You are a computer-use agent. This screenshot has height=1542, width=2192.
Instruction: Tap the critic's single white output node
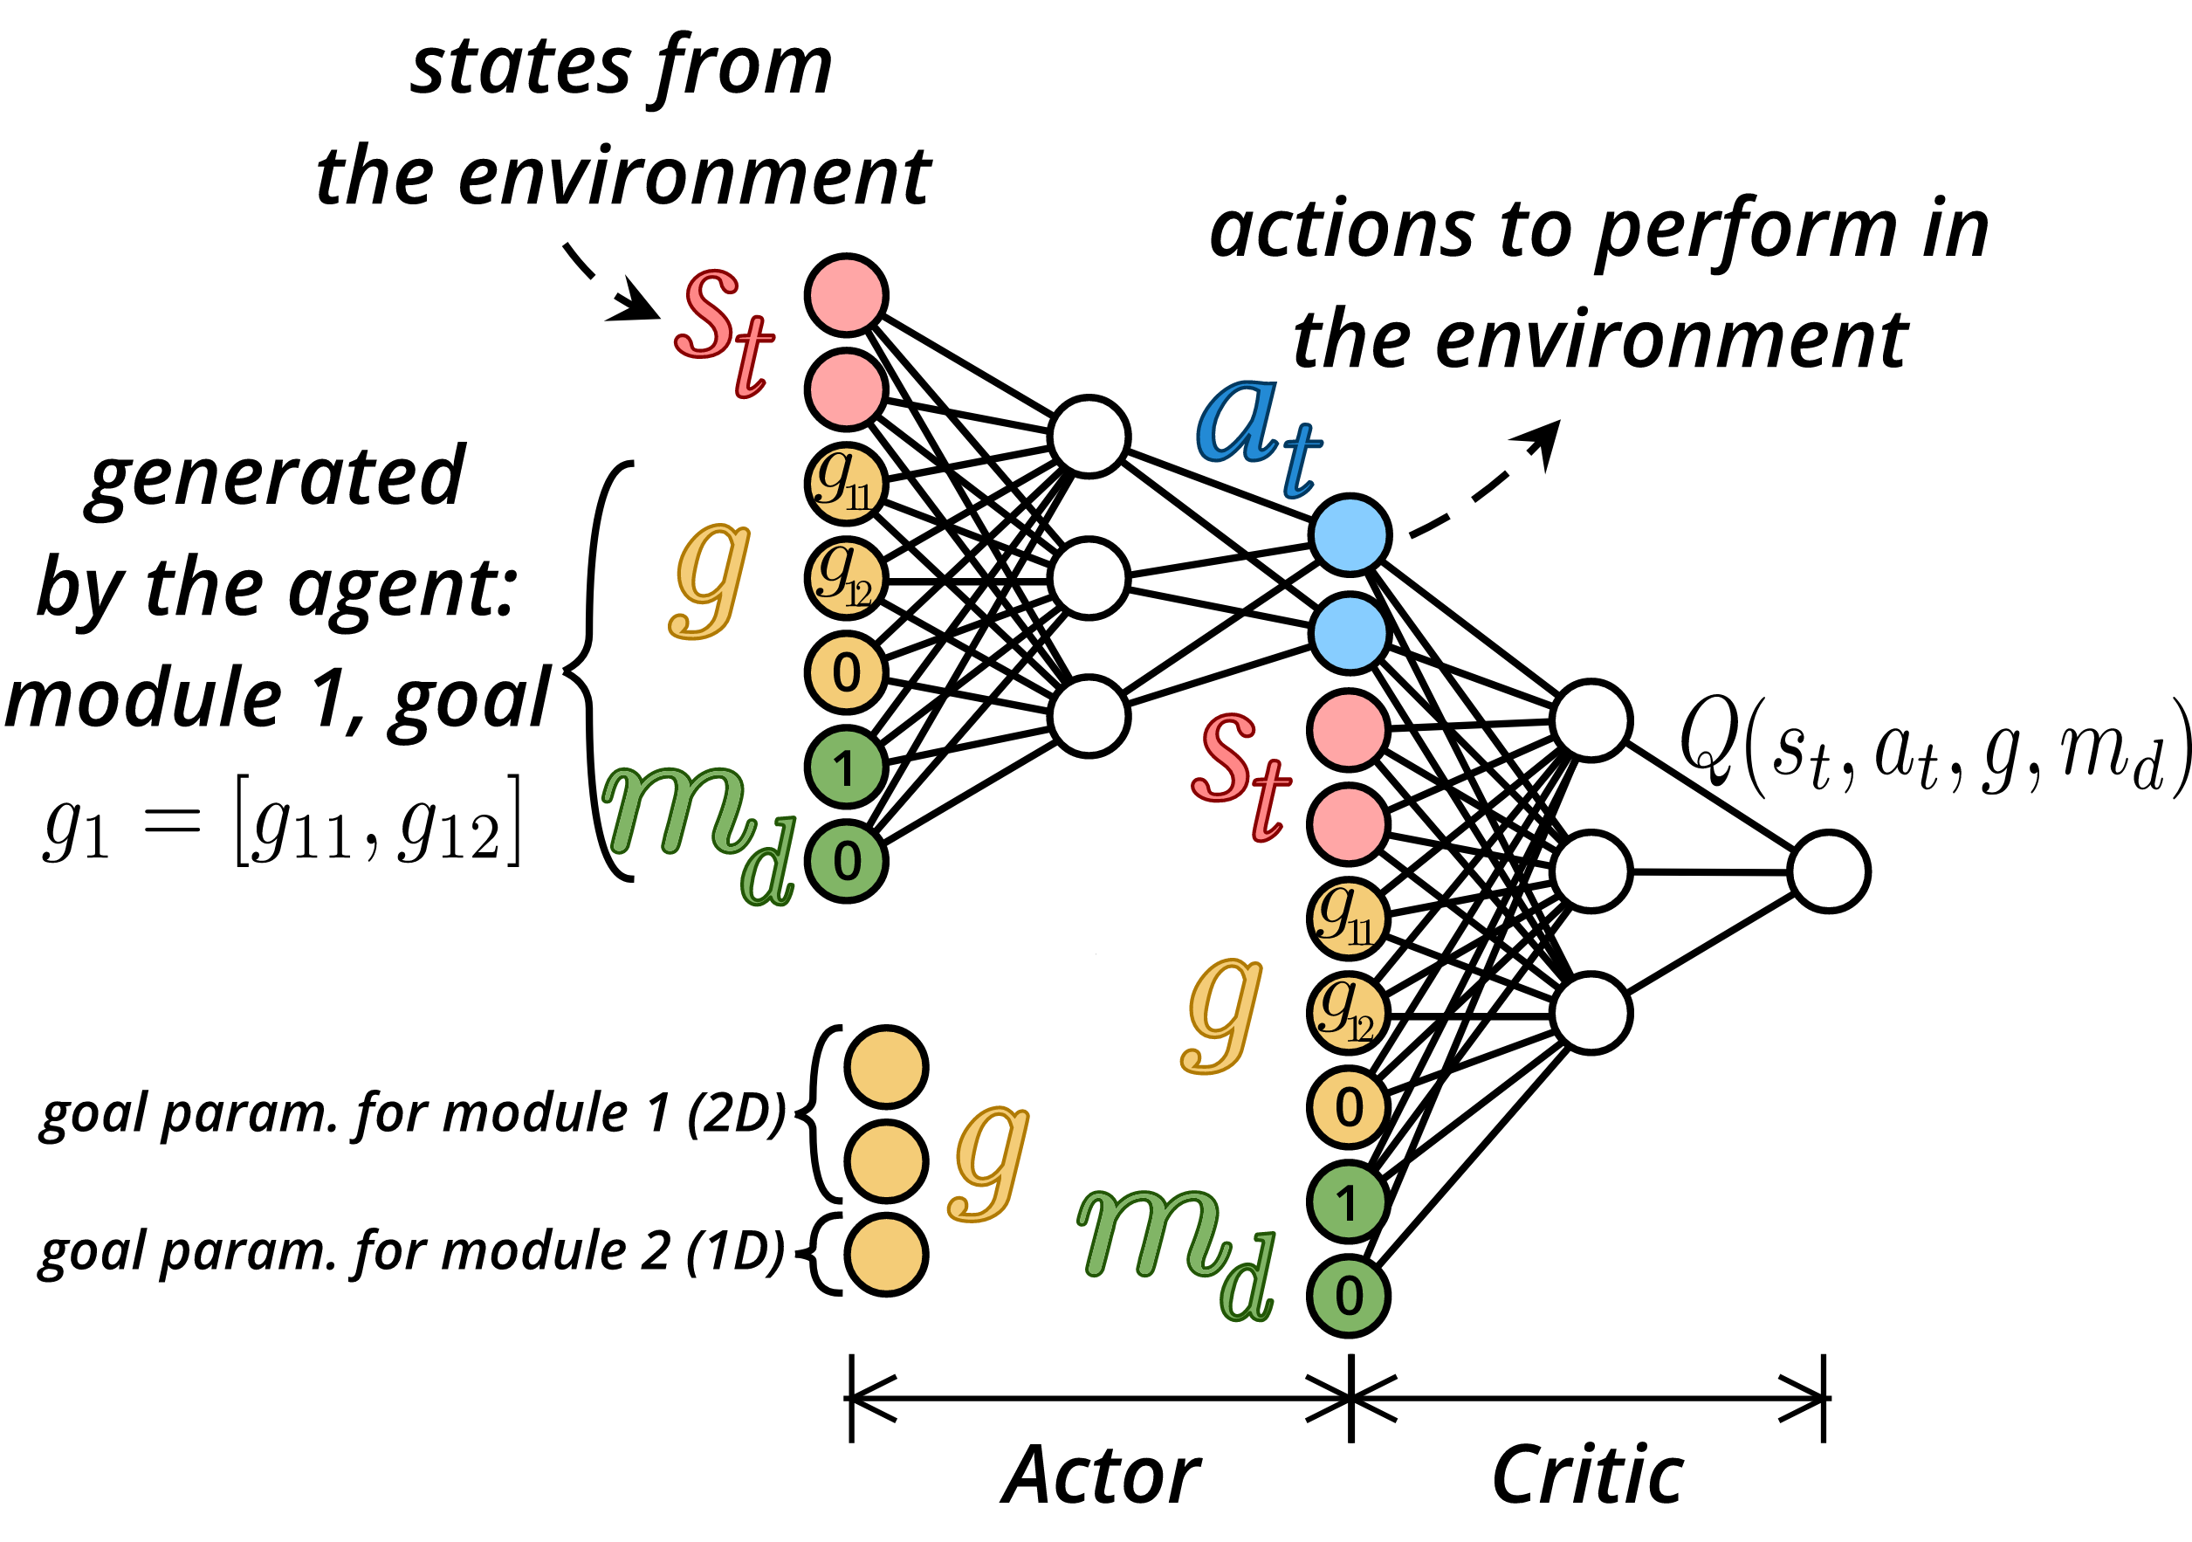pyautogui.click(x=1829, y=871)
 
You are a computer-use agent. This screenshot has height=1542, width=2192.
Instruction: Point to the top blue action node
pyautogui.click(x=1349, y=534)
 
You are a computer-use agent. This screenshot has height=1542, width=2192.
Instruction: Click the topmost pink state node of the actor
pyautogui.click(x=846, y=295)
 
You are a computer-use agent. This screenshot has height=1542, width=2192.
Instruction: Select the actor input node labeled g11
pyautogui.click(x=846, y=483)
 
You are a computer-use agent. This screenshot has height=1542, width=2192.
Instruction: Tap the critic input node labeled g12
pyautogui.click(x=1348, y=1013)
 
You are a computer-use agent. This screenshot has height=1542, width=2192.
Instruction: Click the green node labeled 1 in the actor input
pyautogui.click(x=846, y=768)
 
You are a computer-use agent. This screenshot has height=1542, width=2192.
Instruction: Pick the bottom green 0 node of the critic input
pyautogui.click(x=1348, y=1296)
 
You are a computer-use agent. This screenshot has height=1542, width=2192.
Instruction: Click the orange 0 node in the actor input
pyautogui.click(x=846, y=672)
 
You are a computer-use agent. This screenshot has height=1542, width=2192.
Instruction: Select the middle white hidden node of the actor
pyautogui.click(x=1089, y=579)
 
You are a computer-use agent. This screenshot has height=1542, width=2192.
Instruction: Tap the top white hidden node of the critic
pyautogui.click(x=1591, y=721)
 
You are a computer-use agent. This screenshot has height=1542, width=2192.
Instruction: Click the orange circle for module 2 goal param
pyautogui.click(x=887, y=1255)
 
